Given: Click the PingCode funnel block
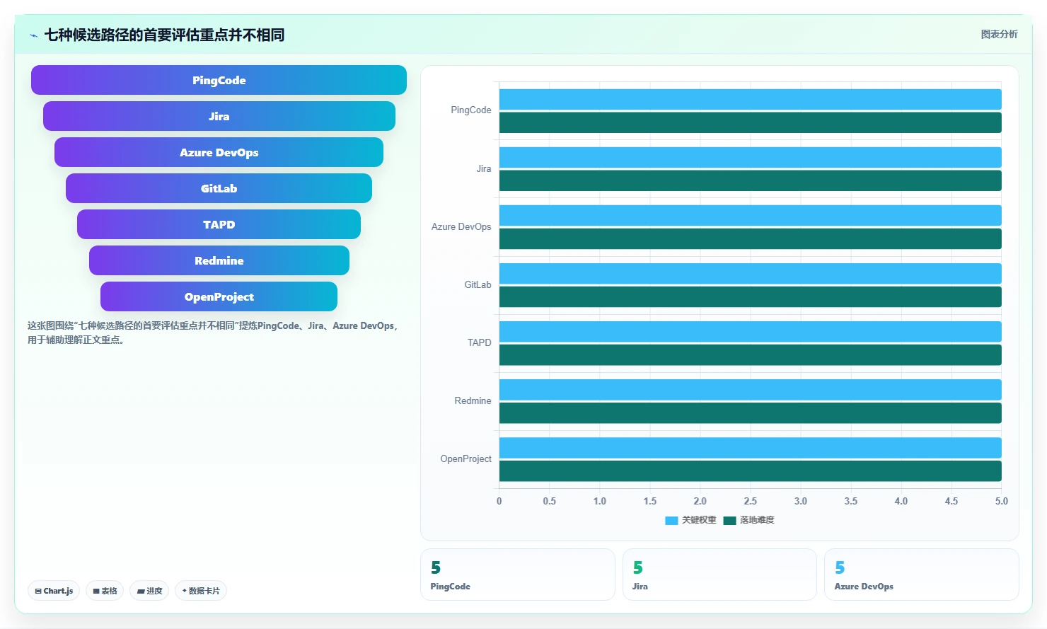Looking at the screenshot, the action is tap(219, 80).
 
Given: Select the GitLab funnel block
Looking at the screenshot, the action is tap(219, 188).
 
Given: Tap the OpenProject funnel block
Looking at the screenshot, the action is tap(219, 296).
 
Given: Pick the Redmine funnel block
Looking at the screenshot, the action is tap(219, 261).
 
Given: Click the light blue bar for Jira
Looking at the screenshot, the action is tap(750, 158).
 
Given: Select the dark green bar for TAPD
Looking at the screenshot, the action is tap(750, 354).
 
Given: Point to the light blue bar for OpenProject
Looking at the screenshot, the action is tap(750, 448).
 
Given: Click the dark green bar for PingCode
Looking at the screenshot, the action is tap(750, 122).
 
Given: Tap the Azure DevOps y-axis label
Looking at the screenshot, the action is tap(461, 226).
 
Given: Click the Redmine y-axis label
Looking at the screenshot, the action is tap(473, 400).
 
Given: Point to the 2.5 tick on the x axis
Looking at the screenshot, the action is tap(750, 501).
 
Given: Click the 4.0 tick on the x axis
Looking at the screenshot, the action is tap(901, 501).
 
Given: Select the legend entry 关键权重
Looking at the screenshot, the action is tap(691, 520).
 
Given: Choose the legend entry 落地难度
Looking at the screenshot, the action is tap(748, 520).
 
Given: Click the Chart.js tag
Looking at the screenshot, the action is tap(54, 591).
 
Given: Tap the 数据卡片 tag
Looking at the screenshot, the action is tap(200, 591).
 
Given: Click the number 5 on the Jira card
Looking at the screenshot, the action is tap(637, 567).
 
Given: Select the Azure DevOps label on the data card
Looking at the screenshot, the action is tap(864, 587).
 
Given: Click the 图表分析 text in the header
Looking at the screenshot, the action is tap(999, 34).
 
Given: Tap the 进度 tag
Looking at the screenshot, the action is tap(149, 591).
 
